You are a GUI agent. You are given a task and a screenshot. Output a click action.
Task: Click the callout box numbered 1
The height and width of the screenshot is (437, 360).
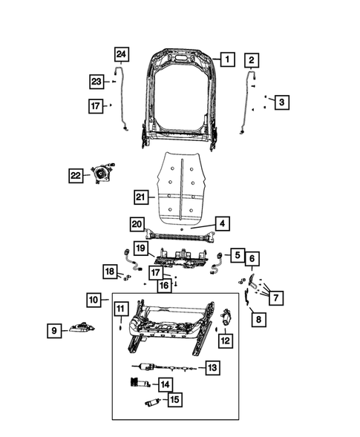point(228,59)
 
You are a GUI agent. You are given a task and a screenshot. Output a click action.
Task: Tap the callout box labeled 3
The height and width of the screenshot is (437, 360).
point(280,102)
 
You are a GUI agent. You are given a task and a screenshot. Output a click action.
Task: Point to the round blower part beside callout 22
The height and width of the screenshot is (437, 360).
point(100,175)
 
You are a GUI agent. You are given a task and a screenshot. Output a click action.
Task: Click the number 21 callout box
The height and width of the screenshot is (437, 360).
point(141,197)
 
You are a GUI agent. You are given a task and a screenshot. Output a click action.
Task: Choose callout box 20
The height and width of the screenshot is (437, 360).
point(137,224)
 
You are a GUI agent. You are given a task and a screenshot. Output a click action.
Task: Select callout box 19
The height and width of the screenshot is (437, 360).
point(141,247)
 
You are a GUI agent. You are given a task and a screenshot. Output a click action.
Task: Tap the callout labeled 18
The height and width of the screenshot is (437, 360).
point(109,274)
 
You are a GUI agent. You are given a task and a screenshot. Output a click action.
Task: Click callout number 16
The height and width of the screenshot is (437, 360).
point(163,285)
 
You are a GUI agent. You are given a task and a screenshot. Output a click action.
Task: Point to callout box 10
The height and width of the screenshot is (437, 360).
point(93,300)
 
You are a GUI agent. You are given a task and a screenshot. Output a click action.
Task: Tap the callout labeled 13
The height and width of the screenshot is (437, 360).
point(212,367)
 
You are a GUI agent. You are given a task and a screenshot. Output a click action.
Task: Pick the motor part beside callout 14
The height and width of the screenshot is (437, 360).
point(136,383)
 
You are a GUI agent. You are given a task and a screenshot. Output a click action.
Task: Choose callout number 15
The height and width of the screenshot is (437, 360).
point(174,400)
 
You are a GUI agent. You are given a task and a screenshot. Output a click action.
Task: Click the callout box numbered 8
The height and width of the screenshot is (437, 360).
point(258,320)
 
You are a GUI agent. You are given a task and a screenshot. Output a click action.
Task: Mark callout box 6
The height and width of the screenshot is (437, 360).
point(252,258)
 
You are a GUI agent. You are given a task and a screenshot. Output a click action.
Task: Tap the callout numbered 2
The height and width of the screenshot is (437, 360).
point(252,59)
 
